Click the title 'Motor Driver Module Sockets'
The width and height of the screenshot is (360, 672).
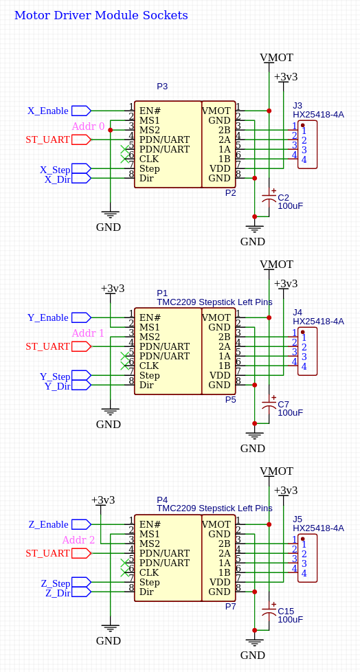(101, 15)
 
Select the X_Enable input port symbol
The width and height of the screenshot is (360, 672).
(81, 111)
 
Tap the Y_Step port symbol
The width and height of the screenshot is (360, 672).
(81, 376)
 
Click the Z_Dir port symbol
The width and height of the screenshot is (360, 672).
(81, 592)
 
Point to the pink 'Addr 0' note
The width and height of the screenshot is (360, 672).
(89, 126)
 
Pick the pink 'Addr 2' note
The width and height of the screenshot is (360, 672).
(78, 540)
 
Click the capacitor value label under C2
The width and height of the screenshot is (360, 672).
(290, 205)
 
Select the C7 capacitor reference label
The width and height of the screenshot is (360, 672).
(283, 404)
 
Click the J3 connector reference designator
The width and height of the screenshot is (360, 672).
(297, 105)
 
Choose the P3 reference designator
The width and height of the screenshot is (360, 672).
(162, 86)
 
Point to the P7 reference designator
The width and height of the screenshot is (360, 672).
(231, 607)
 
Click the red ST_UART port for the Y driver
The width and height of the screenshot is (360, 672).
(81, 346)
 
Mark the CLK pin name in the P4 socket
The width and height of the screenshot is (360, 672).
(149, 572)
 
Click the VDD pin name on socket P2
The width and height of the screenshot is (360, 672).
(220, 168)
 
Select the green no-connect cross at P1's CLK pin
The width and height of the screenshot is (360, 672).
(125, 366)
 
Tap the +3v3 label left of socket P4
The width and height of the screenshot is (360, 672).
(103, 500)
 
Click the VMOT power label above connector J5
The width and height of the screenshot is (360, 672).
(276, 471)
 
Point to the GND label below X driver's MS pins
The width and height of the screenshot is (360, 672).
(109, 227)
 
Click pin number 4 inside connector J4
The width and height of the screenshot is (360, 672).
(304, 366)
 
